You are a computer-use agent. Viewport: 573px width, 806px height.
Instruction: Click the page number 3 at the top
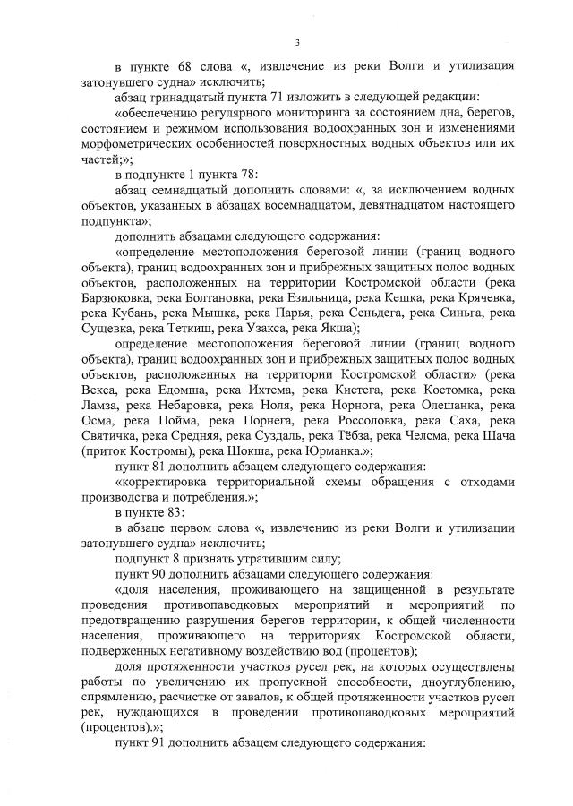coord(296,43)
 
